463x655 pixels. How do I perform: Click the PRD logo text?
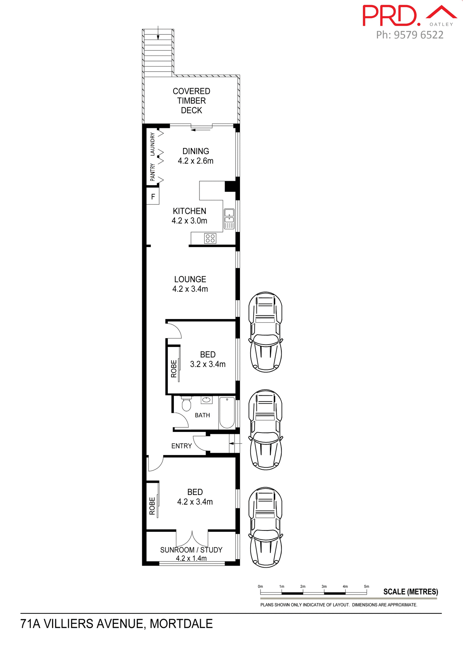[390, 16]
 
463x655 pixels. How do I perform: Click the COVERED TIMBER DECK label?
[191, 101]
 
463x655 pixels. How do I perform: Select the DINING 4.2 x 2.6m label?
[196, 156]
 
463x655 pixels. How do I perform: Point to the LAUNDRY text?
[152, 144]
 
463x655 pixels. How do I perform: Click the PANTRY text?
[152, 172]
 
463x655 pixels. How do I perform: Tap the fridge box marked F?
[153, 197]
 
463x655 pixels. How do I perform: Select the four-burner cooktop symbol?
[210, 238]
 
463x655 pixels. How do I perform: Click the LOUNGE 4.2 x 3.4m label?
[190, 284]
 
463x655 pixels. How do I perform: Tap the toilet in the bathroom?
[186, 404]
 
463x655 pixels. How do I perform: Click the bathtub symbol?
[227, 412]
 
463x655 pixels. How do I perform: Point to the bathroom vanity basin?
[207, 399]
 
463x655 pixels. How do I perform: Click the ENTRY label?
[181, 446]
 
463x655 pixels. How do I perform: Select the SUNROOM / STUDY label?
[191, 550]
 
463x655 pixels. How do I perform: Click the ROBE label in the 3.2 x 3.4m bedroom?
[174, 369]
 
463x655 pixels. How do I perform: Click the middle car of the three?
[266, 430]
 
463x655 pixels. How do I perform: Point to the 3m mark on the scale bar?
[324, 587]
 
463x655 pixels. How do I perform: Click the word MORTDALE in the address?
[181, 624]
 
